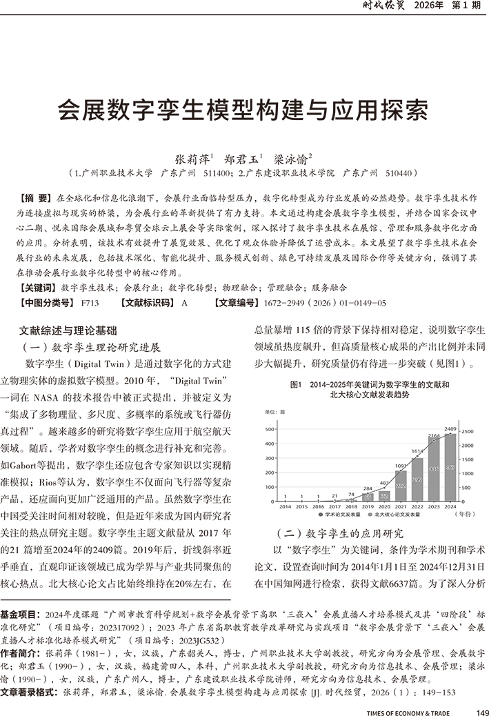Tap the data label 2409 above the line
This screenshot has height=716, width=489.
(x=450, y=429)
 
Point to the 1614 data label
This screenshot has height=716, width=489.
(x=417, y=451)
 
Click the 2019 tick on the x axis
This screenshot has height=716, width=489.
(x=368, y=506)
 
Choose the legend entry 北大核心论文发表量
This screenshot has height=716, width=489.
(x=399, y=515)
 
